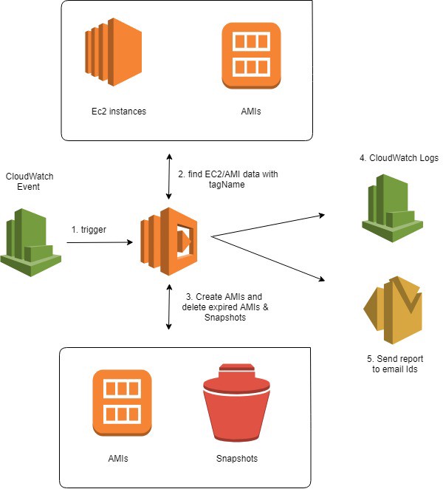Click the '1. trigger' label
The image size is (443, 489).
(89, 229)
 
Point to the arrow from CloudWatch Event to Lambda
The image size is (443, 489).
(100, 242)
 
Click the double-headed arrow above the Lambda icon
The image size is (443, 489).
(170, 177)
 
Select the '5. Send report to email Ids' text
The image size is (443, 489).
(392, 363)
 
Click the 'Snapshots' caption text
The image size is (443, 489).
(237, 458)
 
